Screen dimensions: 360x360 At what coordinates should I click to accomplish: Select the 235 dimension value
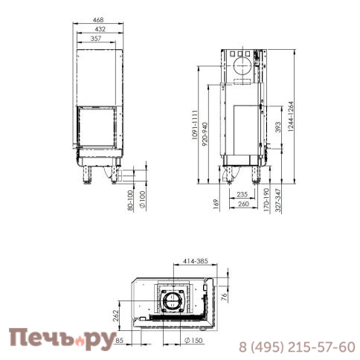point(241,194)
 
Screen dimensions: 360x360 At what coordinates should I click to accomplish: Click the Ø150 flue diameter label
point(193,341)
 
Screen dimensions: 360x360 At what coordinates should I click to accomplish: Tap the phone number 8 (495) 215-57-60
point(296,347)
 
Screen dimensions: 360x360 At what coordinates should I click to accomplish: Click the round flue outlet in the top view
point(172,300)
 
